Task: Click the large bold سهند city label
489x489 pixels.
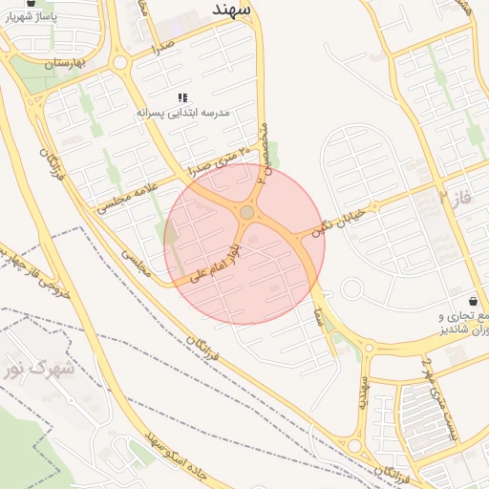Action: click(231, 8)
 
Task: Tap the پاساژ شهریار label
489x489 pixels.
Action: click(33, 17)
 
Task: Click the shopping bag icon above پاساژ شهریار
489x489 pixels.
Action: click(32, 3)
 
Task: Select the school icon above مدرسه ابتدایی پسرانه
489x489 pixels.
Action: click(182, 97)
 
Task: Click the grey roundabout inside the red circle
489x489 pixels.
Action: click(246, 212)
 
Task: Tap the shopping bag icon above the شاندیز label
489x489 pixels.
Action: click(474, 301)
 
